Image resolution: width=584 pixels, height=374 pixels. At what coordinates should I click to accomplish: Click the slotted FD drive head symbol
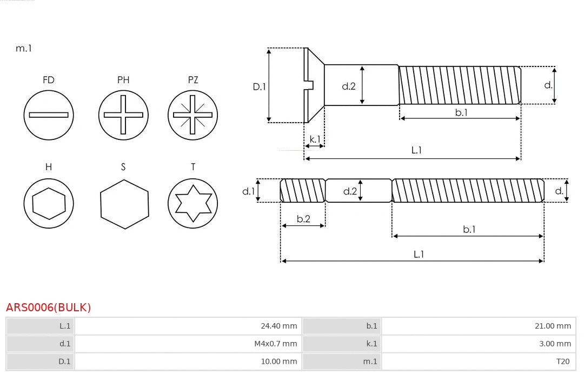[49, 115]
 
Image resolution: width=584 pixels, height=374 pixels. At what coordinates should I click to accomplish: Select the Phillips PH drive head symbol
[123, 115]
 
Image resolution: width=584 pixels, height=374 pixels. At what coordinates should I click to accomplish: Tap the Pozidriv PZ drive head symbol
[193, 115]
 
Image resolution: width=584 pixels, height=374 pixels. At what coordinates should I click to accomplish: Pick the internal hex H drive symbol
[49, 203]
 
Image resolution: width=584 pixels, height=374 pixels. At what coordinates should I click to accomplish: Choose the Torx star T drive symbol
[193, 203]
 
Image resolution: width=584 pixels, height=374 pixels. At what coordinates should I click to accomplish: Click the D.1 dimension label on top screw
[260, 86]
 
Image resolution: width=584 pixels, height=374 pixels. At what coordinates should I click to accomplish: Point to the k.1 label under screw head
[314, 139]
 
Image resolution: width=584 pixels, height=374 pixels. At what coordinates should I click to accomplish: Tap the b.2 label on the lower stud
[303, 219]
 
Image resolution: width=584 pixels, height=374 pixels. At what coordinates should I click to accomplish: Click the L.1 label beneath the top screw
[416, 150]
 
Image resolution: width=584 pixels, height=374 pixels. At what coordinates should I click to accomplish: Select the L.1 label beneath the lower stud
[419, 254]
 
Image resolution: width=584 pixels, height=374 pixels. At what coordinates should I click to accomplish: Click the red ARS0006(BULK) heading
[49, 308]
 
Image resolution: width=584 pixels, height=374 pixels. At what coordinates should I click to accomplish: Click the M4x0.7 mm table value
[275, 344]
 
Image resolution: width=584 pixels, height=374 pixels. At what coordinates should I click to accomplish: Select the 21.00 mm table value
[552, 326]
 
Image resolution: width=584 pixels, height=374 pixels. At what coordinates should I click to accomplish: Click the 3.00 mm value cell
[555, 344]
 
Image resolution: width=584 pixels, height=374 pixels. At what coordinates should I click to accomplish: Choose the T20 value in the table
[562, 362]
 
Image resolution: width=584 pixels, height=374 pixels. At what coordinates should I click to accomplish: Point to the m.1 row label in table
[370, 362]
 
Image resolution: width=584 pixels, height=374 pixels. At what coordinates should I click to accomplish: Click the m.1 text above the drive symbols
[24, 48]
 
